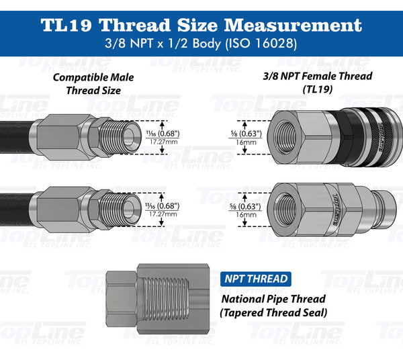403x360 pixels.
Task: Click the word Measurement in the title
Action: tap(296, 26)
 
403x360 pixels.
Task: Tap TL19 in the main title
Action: tap(71, 26)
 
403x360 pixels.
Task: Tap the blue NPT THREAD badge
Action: tap(255, 278)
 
